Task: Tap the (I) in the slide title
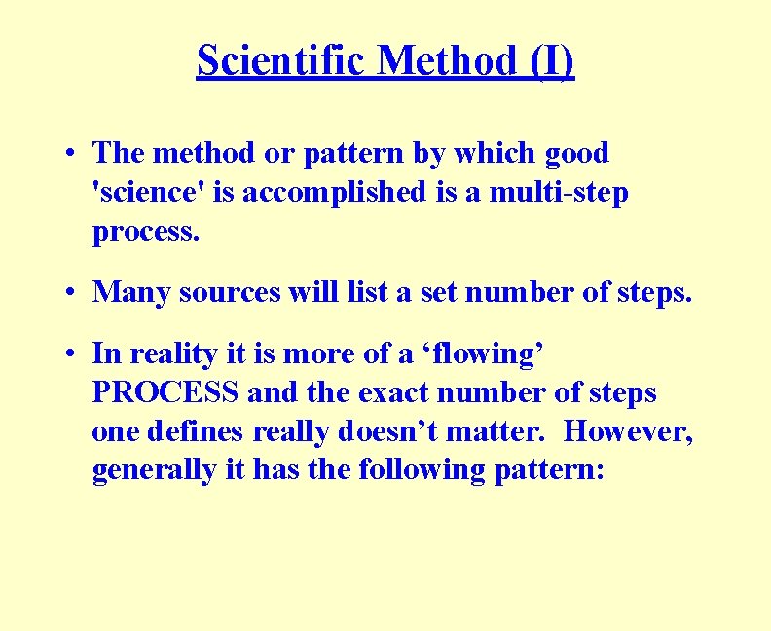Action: pyautogui.click(x=552, y=60)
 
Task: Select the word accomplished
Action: pyautogui.click(x=326, y=193)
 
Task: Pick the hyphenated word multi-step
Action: pyautogui.click(x=559, y=193)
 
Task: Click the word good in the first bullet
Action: pyautogui.click(x=576, y=153)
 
